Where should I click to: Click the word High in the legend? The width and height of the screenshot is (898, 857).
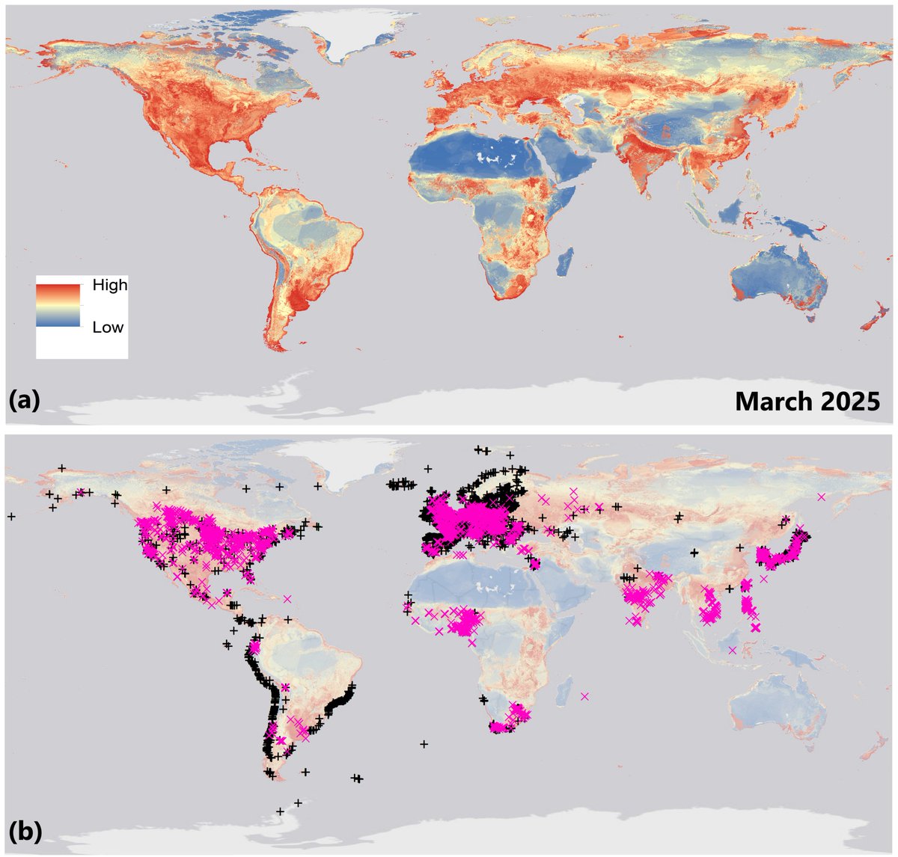(x=109, y=285)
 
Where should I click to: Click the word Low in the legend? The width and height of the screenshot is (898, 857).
(x=108, y=328)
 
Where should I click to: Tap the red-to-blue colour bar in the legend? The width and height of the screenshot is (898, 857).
(x=58, y=305)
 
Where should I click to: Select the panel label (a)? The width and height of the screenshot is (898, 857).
(x=25, y=401)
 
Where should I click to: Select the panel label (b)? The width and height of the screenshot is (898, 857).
(x=25, y=830)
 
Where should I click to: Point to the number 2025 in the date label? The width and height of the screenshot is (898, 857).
(x=854, y=401)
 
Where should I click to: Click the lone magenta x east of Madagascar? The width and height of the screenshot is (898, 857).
(x=584, y=696)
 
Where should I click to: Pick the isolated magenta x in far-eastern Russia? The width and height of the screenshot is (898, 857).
(x=822, y=497)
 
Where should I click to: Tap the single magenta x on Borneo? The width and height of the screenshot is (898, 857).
(x=732, y=649)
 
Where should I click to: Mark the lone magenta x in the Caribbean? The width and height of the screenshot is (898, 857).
(x=287, y=598)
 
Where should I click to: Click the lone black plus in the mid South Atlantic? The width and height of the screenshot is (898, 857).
(x=424, y=744)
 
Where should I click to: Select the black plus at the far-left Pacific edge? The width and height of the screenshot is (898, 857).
(x=11, y=516)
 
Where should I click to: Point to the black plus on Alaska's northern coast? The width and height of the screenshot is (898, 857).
(x=61, y=467)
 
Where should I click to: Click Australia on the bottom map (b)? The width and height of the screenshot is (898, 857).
(x=771, y=710)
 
